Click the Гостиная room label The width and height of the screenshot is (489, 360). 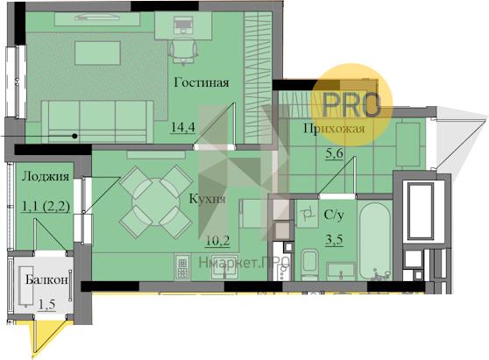(202, 82)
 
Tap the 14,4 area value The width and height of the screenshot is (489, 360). (183, 127)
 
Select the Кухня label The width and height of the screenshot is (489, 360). (208, 199)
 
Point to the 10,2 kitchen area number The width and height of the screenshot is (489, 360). (217, 241)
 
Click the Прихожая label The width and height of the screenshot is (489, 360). (334, 129)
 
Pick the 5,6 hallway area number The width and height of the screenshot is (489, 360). (334, 153)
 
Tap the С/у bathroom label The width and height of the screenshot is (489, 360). (334, 215)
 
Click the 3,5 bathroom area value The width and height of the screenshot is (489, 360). (334, 239)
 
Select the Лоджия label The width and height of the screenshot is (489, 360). (46, 177)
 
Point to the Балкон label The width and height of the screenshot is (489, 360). (46, 279)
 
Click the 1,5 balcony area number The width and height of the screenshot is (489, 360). (46, 304)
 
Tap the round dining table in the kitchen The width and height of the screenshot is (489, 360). (156, 201)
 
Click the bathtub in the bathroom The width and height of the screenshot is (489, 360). (375, 241)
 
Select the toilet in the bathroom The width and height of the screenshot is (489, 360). (309, 264)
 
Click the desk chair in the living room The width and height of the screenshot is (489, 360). (183, 51)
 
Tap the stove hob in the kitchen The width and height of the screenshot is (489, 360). (182, 266)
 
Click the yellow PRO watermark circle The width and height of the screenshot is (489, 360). (351, 105)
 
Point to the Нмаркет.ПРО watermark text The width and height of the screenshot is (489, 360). (245, 263)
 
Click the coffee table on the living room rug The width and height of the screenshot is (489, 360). (97, 53)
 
